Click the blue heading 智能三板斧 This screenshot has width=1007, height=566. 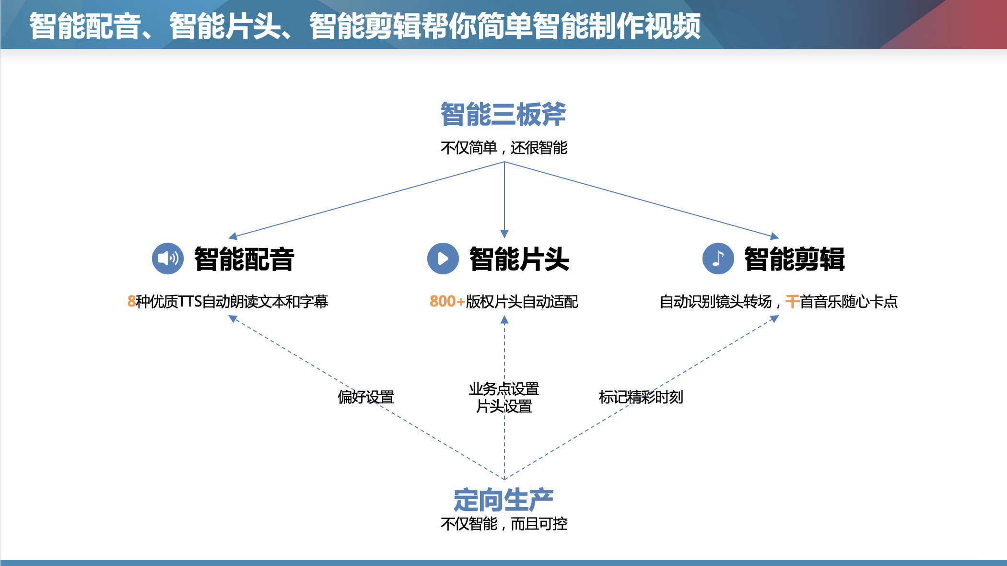pos(503,115)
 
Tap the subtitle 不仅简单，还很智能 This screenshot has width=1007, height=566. pos(503,148)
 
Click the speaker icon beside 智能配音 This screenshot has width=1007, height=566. pos(167,259)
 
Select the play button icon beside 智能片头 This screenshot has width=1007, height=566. pos(443,259)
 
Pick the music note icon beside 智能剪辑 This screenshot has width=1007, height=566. pos(718,259)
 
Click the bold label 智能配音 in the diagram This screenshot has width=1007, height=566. pos(244,259)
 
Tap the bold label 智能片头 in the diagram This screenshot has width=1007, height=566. pos(519,259)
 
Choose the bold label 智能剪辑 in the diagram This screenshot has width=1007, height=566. pos(795,259)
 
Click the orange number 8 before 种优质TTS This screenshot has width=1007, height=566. pos(131,302)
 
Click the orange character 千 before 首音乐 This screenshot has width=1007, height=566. pos(792,302)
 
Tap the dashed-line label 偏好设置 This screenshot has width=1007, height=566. pos(366,397)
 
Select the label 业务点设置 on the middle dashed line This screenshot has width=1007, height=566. pos(504,389)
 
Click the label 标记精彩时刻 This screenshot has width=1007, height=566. pos(641,397)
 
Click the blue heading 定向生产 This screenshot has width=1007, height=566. pos(503,500)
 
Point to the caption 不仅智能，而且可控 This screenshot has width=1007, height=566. pos(503,524)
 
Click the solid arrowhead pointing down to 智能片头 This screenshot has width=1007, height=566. pos(504,234)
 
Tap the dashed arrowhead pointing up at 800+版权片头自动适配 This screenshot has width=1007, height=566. pos(504,320)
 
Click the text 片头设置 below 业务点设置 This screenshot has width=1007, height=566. pos(504,407)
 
